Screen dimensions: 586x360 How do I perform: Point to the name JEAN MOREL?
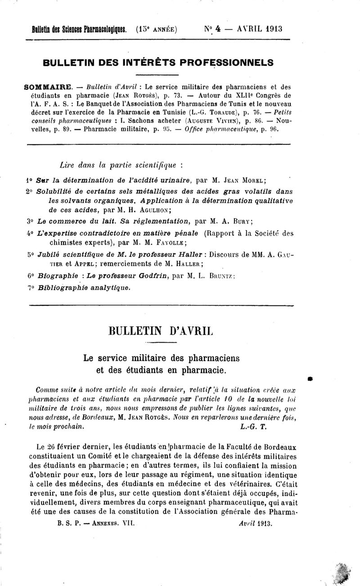[239, 181]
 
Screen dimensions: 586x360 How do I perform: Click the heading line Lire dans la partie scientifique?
[119, 165]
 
